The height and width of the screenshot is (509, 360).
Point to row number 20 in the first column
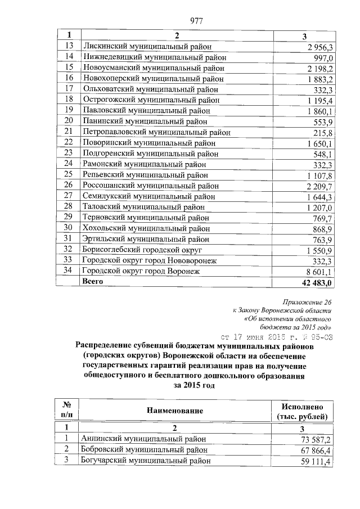pos(69,121)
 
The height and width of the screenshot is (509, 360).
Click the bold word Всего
pos(93,281)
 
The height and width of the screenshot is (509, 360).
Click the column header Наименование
pos(175,411)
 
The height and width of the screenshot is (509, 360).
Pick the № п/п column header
pos(66,411)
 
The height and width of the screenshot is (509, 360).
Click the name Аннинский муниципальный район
pos(144,439)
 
